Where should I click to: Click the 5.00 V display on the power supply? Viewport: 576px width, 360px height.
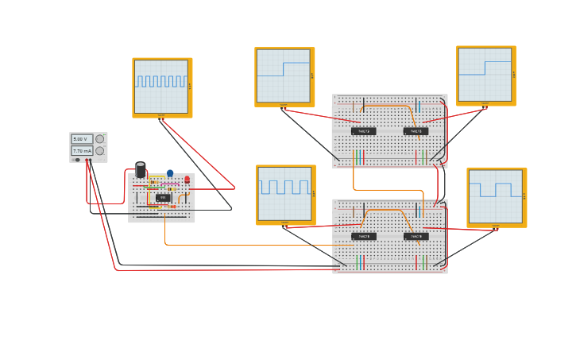click(82, 139)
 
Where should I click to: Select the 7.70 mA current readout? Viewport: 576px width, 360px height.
click(82, 150)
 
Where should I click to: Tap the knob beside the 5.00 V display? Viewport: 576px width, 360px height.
click(100, 139)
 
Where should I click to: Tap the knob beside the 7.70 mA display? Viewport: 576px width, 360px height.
click(100, 150)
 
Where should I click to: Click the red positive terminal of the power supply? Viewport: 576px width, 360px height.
click(87, 160)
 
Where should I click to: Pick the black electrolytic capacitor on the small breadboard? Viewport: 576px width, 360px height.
click(141, 169)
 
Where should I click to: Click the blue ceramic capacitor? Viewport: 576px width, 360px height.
click(170, 172)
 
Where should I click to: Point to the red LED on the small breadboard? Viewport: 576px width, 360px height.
click(187, 179)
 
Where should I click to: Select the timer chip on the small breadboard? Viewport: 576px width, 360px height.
click(163, 197)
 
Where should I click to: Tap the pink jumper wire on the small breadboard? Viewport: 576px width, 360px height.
click(159, 185)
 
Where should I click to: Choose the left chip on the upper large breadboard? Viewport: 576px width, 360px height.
click(364, 131)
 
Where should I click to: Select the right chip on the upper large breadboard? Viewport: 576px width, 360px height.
click(416, 131)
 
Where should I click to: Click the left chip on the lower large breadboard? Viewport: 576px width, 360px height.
click(364, 236)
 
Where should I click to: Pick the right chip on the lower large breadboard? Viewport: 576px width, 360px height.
click(416, 236)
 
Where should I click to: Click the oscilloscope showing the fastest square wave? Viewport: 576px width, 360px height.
click(161, 87)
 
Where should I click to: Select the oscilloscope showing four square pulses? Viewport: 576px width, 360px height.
click(284, 194)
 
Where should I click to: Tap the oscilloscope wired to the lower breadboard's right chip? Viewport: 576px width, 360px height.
click(496, 196)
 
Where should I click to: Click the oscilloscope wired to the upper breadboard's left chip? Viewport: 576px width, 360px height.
click(284, 76)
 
